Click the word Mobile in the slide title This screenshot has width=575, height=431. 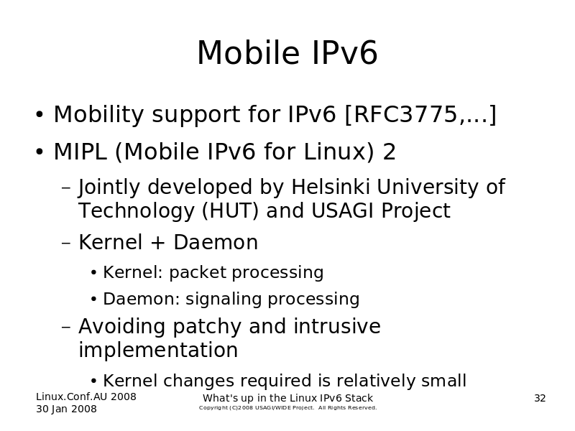coord(248,52)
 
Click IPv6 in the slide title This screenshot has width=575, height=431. coord(345,52)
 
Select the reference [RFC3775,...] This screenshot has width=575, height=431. coord(420,114)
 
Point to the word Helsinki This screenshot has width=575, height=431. coord(330,187)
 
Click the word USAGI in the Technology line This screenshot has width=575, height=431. coord(343,210)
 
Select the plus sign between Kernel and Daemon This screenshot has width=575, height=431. coord(157,243)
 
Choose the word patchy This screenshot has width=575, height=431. coord(206,327)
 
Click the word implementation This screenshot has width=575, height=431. coord(158,350)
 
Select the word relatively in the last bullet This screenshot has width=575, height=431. coord(375,381)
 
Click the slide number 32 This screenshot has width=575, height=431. coord(540,398)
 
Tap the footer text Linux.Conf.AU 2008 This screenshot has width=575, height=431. coord(86,397)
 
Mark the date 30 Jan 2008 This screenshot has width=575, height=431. coord(66,409)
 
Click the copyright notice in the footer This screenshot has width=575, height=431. coord(288,408)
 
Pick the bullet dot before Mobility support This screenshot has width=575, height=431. coord(40,114)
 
